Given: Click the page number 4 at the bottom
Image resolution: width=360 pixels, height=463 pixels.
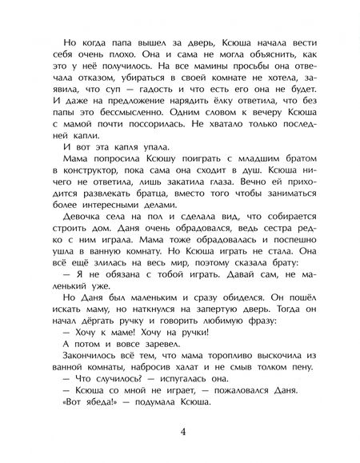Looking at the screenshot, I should (180, 432).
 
